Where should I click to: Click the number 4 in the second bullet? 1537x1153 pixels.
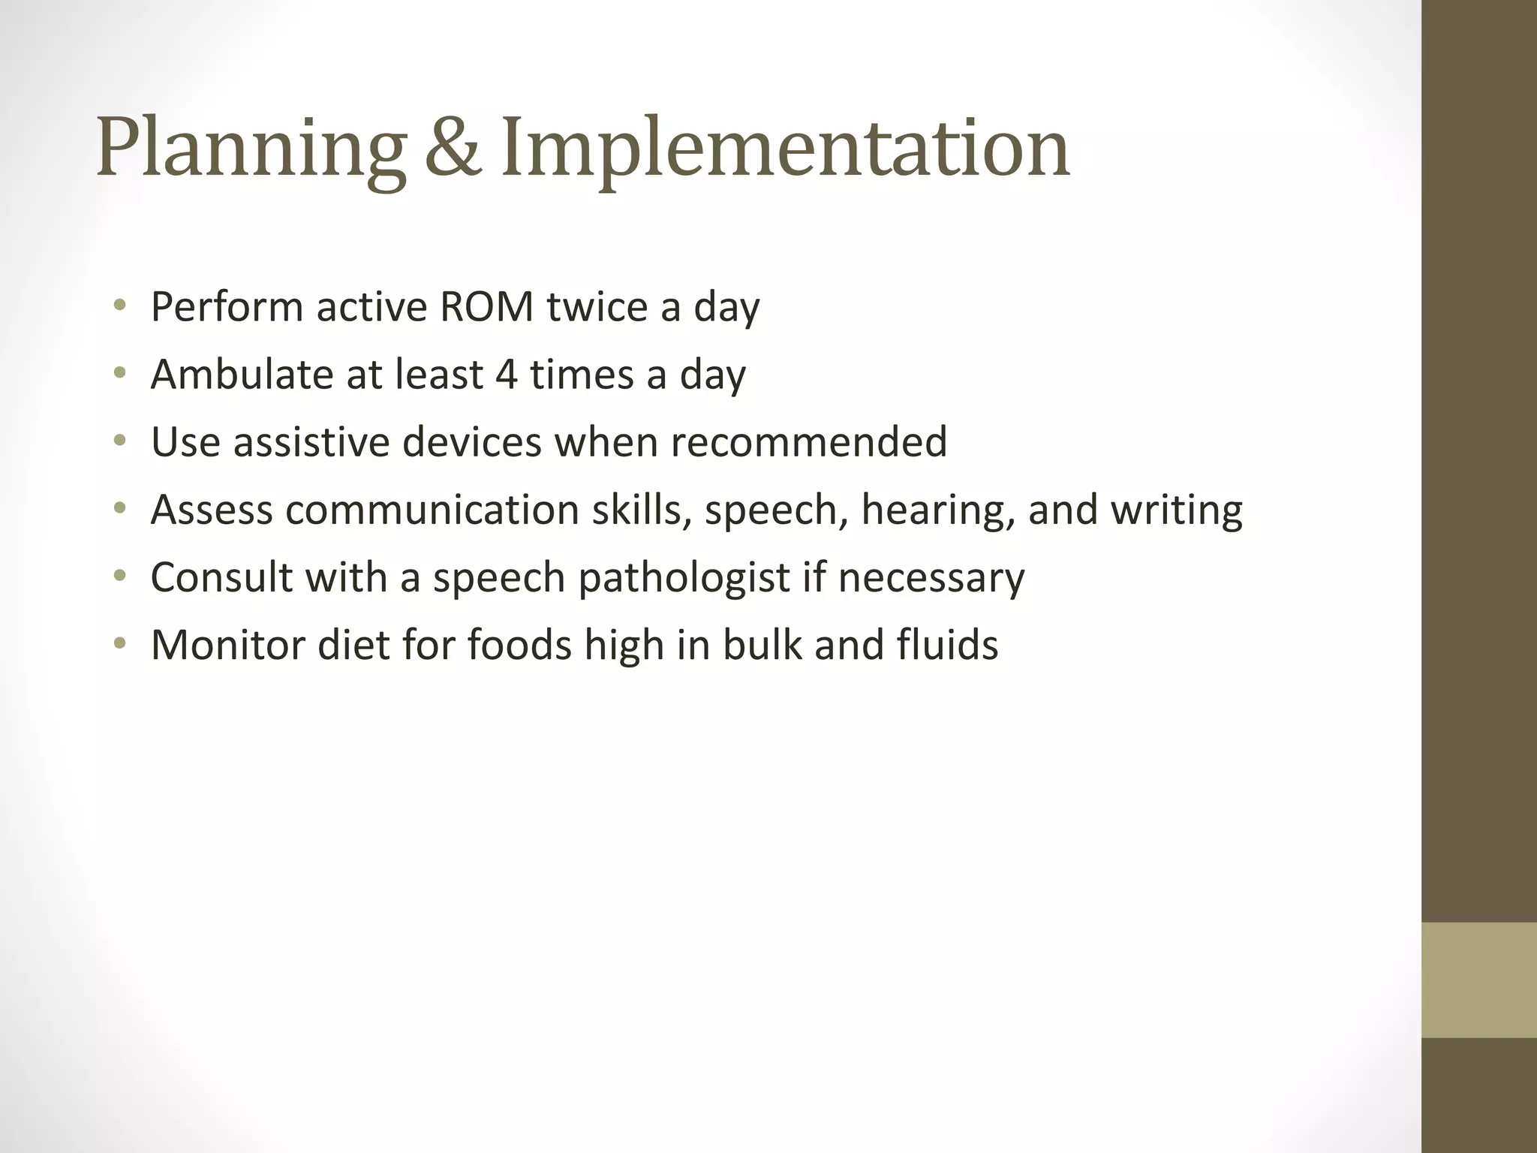tap(507, 374)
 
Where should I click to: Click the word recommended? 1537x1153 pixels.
tap(808, 441)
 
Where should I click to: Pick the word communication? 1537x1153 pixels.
tap(432, 509)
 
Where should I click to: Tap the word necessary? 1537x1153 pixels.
tap(931, 578)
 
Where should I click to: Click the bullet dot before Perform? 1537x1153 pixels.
tap(119, 306)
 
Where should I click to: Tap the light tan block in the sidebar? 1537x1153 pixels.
tap(1478, 980)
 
